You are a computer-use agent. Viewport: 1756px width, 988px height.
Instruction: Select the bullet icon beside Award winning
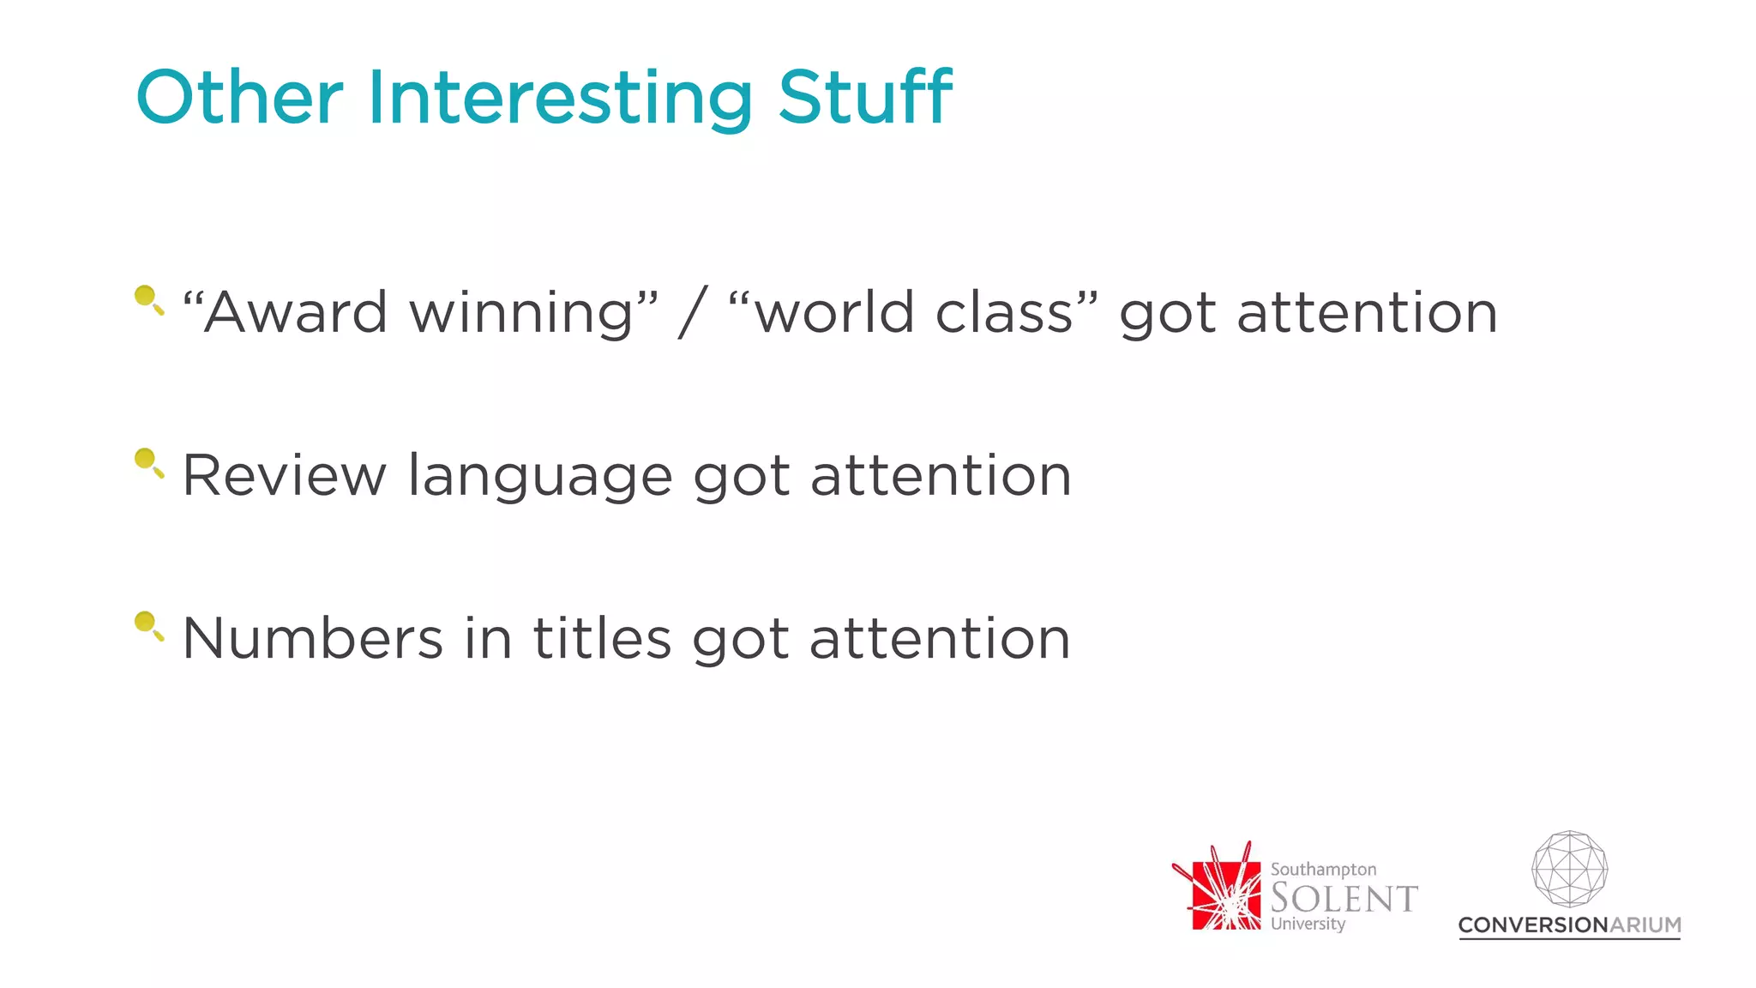tap(147, 299)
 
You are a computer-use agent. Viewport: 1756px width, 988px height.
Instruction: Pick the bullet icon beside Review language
tap(147, 462)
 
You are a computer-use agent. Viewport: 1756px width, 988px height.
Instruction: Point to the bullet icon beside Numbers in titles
tap(147, 625)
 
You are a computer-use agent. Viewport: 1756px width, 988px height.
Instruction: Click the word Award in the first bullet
tap(296, 312)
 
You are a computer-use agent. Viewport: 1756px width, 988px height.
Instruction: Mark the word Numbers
tap(313, 638)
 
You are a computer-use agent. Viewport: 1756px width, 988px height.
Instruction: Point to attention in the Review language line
tap(941, 475)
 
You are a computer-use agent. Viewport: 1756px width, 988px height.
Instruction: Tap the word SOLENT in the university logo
tap(1344, 898)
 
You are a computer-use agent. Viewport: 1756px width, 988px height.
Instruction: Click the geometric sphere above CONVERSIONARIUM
tap(1569, 869)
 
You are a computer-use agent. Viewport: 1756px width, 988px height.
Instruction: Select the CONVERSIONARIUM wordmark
tap(1569, 925)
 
